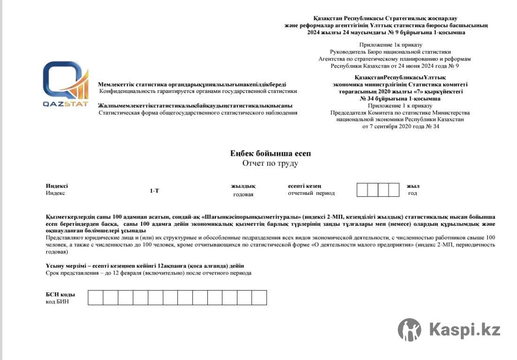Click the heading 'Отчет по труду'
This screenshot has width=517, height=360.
point(270,163)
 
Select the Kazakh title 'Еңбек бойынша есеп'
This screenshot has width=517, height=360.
point(270,153)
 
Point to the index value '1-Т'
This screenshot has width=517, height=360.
point(154,191)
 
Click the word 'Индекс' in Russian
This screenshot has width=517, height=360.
point(55,193)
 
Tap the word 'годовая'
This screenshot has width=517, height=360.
point(243,194)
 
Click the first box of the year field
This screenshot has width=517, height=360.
point(362,190)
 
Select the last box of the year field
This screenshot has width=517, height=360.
point(394,190)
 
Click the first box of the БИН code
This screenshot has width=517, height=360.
point(95,298)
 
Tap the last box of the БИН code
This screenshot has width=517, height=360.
point(259,298)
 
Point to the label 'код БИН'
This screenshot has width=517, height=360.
point(57,301)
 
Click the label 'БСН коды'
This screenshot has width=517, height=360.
point(60,294)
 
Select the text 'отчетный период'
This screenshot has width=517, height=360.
point(311,193)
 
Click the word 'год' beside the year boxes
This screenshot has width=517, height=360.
point(412,193)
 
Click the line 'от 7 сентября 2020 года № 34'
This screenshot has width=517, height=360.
point(400,127)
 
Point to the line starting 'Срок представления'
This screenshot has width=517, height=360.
point(148,273)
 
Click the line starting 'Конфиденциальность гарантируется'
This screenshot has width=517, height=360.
point(198,91)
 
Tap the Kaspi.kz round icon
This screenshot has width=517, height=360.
point(410,329)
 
